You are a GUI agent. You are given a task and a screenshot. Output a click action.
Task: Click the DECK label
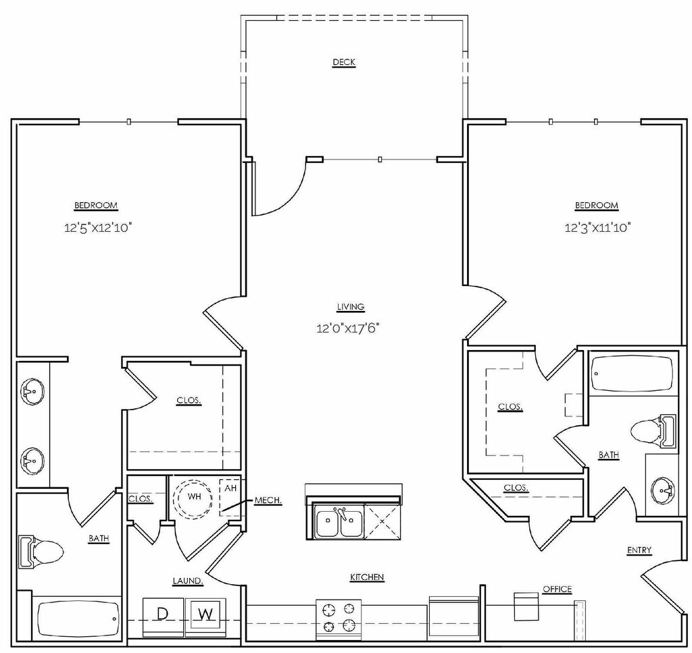(344, 62)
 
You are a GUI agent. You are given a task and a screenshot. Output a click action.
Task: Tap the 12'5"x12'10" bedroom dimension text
(96, 228)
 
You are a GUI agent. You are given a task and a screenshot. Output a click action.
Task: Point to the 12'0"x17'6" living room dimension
(351, 329)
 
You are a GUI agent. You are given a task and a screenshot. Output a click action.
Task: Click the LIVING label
(351, 306)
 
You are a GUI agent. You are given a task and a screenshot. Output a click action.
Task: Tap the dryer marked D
(163, 614)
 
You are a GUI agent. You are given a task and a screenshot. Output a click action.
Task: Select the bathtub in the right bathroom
(633, 374)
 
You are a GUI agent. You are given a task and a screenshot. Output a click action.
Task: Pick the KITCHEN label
(367, 577)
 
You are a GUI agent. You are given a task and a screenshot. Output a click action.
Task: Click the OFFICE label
(558, 589)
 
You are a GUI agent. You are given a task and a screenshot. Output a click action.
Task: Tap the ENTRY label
(639, 550)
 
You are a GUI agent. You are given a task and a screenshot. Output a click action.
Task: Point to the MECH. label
(268, 500)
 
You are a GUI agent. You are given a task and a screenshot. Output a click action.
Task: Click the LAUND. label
(189, 580)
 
